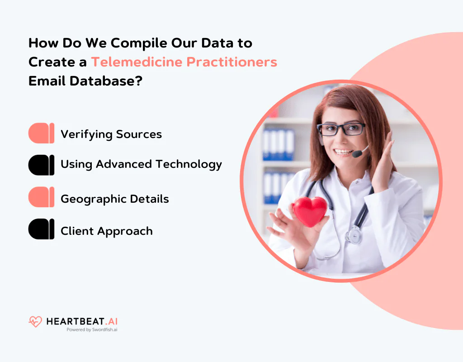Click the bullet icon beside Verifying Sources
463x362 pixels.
(x=41, y=133)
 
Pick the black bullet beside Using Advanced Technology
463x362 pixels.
(x=41, y=165)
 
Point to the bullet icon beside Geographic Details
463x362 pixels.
(x=41, y=197)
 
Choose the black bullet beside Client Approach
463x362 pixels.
(x=41, y=229)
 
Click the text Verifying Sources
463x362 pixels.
(x=111, y=134)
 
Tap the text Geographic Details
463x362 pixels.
(x=115, y=199)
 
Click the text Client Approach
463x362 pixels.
(x=107, y=231)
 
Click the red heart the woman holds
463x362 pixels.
(x=309, y=210)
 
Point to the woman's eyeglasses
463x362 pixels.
(x=341, y=129)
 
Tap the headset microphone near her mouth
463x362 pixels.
(x=357, y=154)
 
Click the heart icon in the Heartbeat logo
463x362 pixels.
(x=35, y=322)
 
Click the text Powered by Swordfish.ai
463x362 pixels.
(x=92, y=330)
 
